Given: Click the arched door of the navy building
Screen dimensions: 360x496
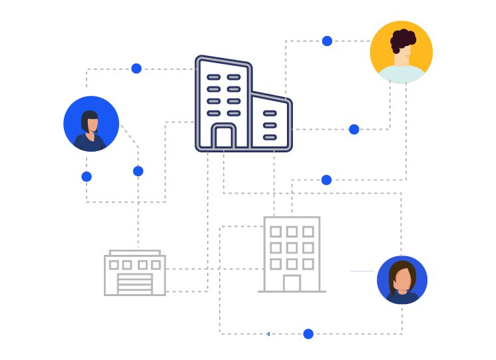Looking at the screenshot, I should tap(224, 137).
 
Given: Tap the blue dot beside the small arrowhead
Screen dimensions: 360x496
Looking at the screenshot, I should tap(308, 334).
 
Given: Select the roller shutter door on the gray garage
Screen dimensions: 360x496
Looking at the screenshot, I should tap(134, 283).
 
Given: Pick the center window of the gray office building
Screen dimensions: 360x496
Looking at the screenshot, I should tap(292, 248).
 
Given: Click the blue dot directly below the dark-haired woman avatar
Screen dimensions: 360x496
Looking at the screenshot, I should tap(87, 177).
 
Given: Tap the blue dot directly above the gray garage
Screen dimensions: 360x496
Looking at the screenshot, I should tap(138, 171).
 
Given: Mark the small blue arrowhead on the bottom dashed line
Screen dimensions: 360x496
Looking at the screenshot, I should tap(268, 334).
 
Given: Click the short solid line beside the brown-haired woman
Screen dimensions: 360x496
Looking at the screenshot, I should tap(362, 271).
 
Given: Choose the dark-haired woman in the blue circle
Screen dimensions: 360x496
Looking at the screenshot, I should tap(91, 125).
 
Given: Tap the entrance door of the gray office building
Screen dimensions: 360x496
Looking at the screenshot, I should tap(292, 283).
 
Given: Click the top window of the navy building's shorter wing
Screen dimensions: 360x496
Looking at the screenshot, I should tap(270, 113).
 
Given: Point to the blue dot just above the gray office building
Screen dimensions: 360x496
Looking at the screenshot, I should tap(326, 180).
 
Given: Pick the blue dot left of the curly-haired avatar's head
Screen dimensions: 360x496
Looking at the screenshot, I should tap(327, 41).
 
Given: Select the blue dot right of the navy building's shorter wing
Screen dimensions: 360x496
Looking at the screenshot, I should tap(354, 129).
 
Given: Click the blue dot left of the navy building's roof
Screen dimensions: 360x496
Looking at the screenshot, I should tap(136, 69).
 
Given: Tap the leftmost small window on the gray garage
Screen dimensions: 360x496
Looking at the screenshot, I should tap(114, 265).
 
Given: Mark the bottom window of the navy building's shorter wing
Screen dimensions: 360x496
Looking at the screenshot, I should tap(270, 137).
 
